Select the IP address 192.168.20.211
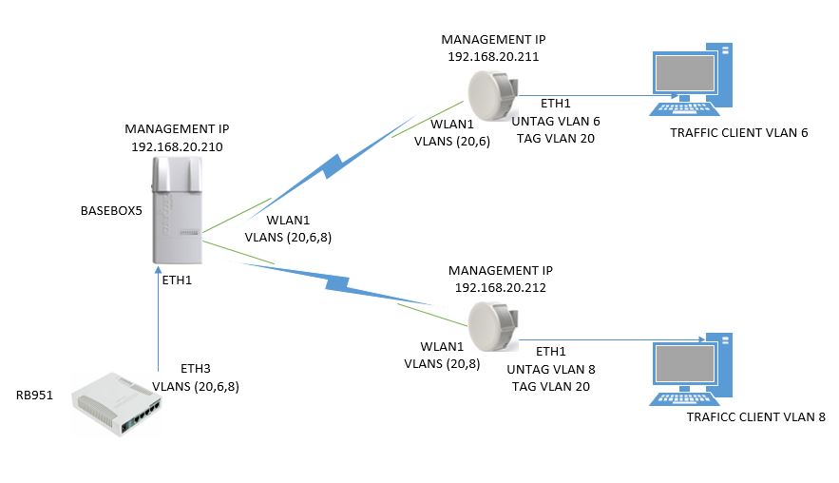(x=493, y=57)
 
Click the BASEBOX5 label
(x=110, y=211)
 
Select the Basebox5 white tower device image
(x=179, y=211)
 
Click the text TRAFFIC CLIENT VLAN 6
(x=738, y=132)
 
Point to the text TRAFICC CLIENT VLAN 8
(x=756, y=416)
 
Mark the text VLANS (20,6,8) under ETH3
(x=196, y=386)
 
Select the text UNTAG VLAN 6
(x=556, y=122)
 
